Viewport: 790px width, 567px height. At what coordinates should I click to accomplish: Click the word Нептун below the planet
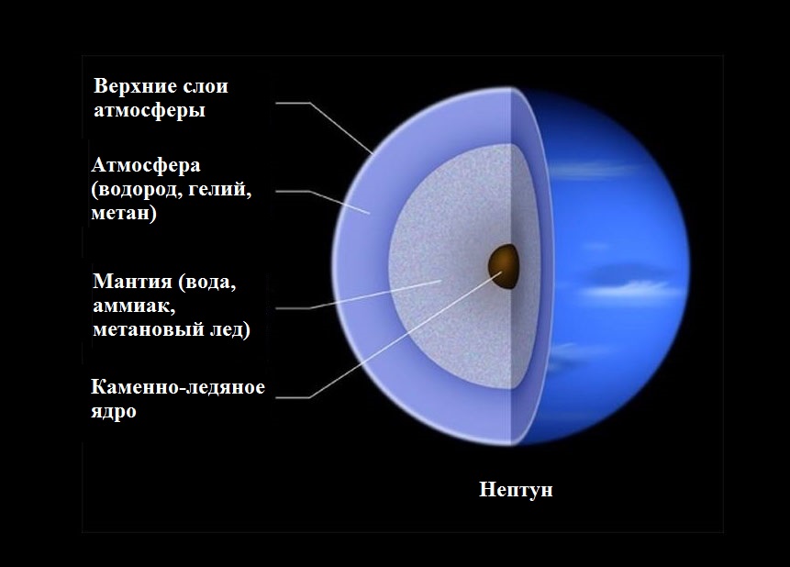pos(516,490)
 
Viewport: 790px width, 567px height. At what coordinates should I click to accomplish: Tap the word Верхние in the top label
pos(135,86)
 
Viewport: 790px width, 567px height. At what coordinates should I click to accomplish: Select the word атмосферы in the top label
pos(150,110)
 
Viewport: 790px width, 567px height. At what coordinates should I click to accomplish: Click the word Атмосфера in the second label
pos(146,165)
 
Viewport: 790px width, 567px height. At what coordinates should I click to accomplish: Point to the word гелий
pos(225,190)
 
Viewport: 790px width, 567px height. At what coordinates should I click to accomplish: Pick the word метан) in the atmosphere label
pos(124,213)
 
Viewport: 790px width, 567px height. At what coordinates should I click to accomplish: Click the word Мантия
pos(132,282)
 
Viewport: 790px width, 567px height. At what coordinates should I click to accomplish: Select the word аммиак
pos(134,306)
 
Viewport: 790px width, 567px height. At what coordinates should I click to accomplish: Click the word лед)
pos(229,329)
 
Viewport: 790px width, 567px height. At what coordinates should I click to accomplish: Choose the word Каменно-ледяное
pos(178,387)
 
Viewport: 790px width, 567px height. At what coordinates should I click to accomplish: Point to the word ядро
pos(114,412)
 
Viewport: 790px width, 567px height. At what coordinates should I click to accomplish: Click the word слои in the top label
pos(205,86)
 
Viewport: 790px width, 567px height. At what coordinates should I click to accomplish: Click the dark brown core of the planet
pos(504,267)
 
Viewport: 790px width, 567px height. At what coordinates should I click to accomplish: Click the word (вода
pos(207,282)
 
